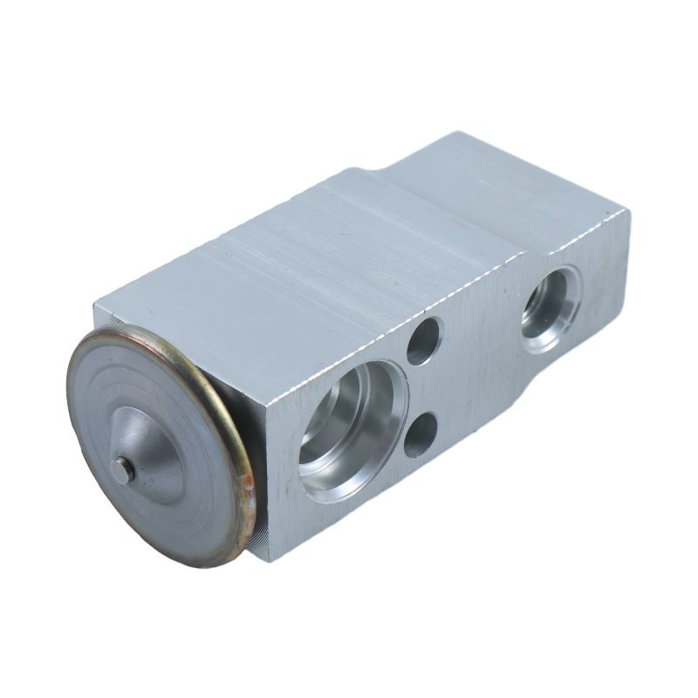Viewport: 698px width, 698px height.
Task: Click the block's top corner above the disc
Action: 98,301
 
